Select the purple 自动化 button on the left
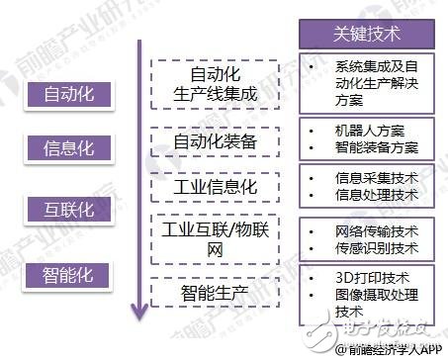(x=68, y=95)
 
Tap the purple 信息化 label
(x=68, y=148)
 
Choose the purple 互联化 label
(x=68, y=212)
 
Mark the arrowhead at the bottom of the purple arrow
(x=140, y=316)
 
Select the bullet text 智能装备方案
(x=377, y=147)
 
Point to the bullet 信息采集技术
(x=377, y=178)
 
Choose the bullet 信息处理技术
(x=377, y=195)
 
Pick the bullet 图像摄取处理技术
(x=377, y=302)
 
